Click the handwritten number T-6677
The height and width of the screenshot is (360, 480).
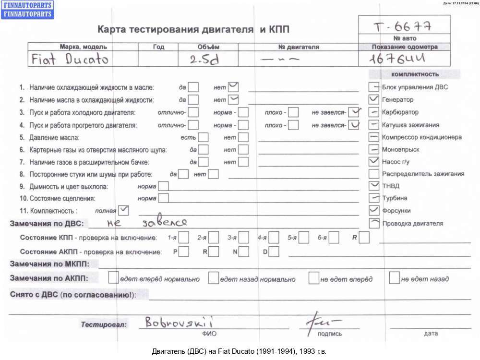point(404,25)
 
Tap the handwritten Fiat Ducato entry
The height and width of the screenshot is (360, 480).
point(70,59)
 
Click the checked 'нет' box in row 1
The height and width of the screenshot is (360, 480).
point(234,87)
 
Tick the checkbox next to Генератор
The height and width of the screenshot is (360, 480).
point(374,100)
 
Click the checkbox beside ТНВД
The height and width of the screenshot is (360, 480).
point(374,186)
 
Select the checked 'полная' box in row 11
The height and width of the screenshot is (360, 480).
point(123,210)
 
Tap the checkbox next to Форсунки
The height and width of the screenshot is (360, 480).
point(374,210)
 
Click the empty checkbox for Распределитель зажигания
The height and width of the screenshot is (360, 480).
point(374,173)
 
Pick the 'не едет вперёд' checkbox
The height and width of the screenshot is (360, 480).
point(314,278)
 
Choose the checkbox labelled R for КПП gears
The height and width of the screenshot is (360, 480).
point(364,237)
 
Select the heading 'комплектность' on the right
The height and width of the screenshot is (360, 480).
point(415,74)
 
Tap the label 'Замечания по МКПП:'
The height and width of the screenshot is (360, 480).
point(54,264)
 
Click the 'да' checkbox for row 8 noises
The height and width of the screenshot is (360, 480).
point(183,174)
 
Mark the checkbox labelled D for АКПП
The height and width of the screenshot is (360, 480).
point(274,251)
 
